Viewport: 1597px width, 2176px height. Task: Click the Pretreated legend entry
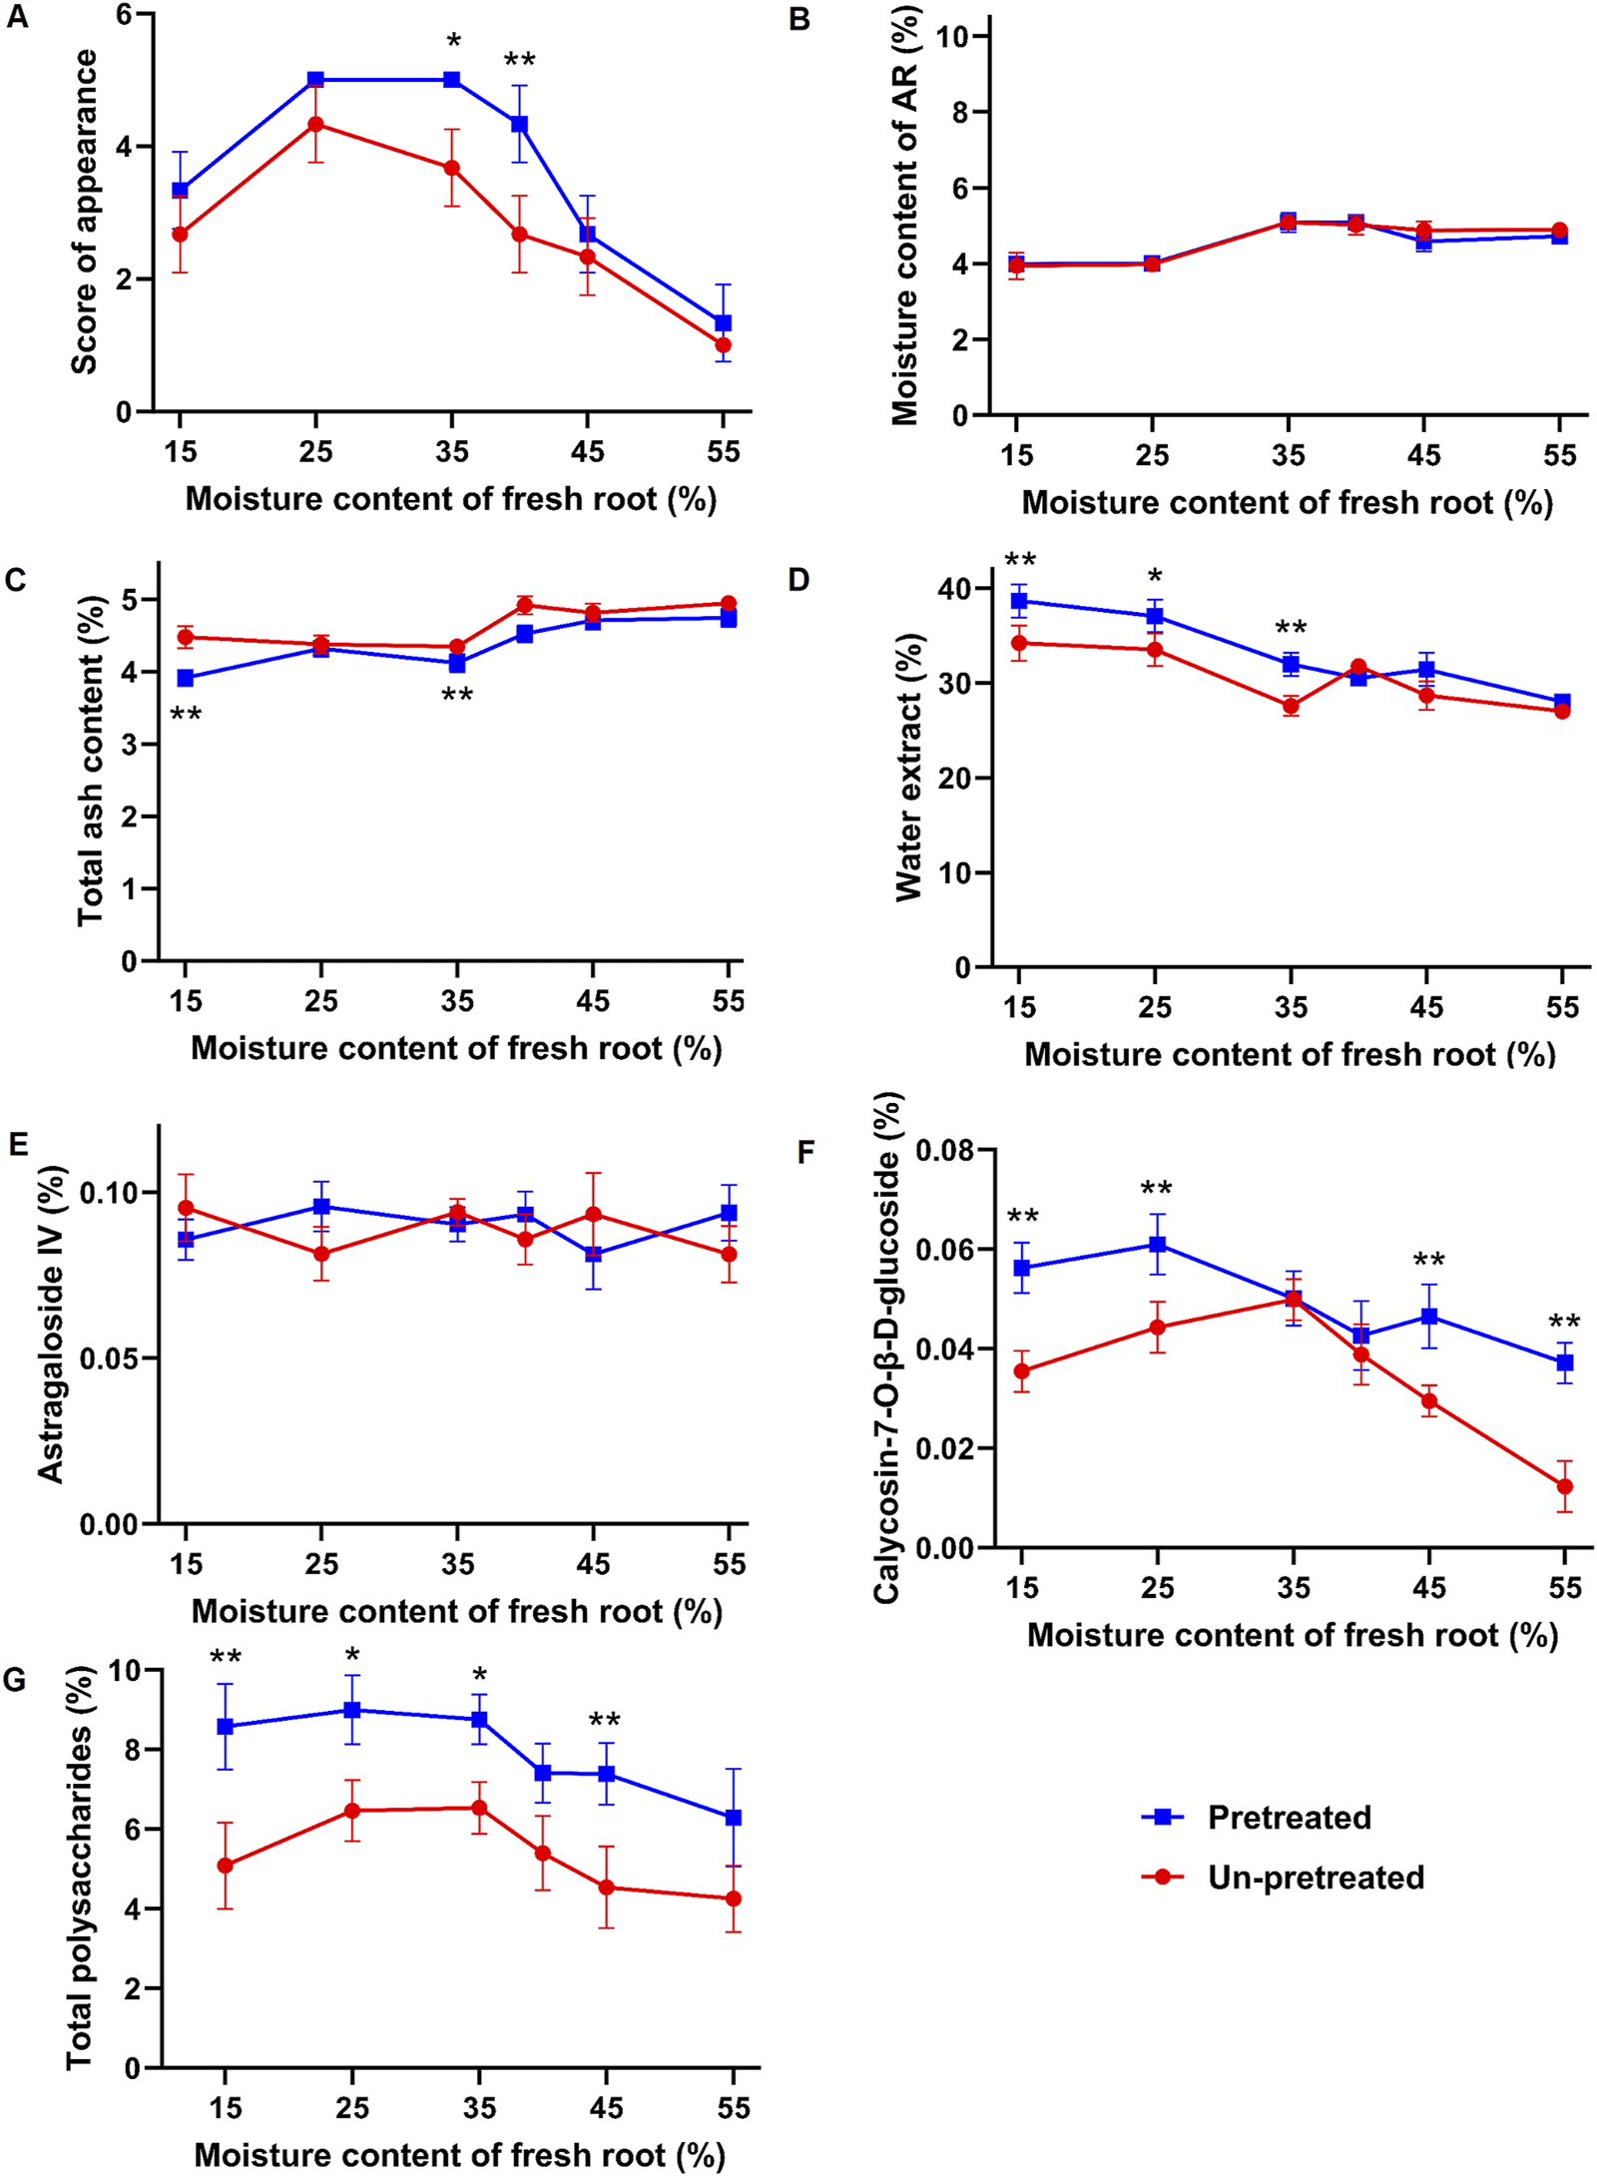point(1288,1818)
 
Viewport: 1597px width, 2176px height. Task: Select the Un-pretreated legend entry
point(1315,1878)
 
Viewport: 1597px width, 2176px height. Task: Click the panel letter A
point(17,17)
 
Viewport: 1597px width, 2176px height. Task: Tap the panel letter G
point(15,1680)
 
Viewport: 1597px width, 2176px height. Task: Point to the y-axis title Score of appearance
point(84,213)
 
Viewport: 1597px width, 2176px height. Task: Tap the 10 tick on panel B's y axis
point(954,37)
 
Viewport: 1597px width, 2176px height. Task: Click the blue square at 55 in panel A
point(723,323)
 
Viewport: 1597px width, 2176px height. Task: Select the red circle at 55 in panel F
point(1564,1486)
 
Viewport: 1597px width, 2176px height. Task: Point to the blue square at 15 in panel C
point(185,678)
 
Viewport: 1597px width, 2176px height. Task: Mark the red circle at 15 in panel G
point(226,1865)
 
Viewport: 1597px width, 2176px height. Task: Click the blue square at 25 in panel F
point(1157,1244)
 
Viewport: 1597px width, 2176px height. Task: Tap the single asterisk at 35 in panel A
point(453,41)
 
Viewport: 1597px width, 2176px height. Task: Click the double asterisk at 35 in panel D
point(1291,628)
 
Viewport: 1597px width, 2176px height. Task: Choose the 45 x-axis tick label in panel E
point(593,1563)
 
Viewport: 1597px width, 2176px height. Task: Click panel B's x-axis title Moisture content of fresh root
point(1287,502)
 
